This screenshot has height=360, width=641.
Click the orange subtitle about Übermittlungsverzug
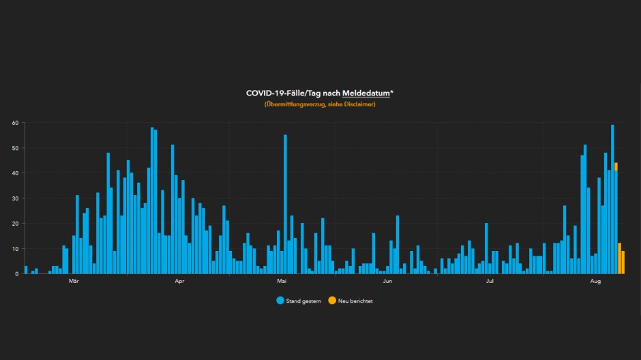(x=320, y=104)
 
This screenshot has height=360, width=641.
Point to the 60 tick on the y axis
(x=14, y=123)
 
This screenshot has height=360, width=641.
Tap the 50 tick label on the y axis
(x=14, y=148)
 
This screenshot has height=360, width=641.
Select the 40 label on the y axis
(x=14, y=173)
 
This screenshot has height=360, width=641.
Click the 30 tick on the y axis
(x=14, y=198)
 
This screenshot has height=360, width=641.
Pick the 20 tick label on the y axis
(x=14, y=224)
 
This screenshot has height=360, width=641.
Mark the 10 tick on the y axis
(x=14, y=249)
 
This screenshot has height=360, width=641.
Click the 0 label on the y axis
(x=16, y=273)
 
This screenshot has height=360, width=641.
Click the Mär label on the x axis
(x=74, y=281)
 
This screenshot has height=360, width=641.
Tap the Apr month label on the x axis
(x=180, y=281)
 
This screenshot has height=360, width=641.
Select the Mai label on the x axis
(x=282, y=281)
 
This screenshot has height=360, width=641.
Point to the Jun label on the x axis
(x=387, y=281)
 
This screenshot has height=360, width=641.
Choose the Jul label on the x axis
(x=490, y=281)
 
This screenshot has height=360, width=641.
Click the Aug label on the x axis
(x=595, y=281)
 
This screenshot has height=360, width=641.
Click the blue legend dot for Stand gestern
(x=280, y=301)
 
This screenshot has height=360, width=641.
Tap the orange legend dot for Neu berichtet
(x=331, y=301)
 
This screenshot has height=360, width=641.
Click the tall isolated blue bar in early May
(x=285, y=205)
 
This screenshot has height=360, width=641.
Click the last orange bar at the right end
(x=623, y=262)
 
